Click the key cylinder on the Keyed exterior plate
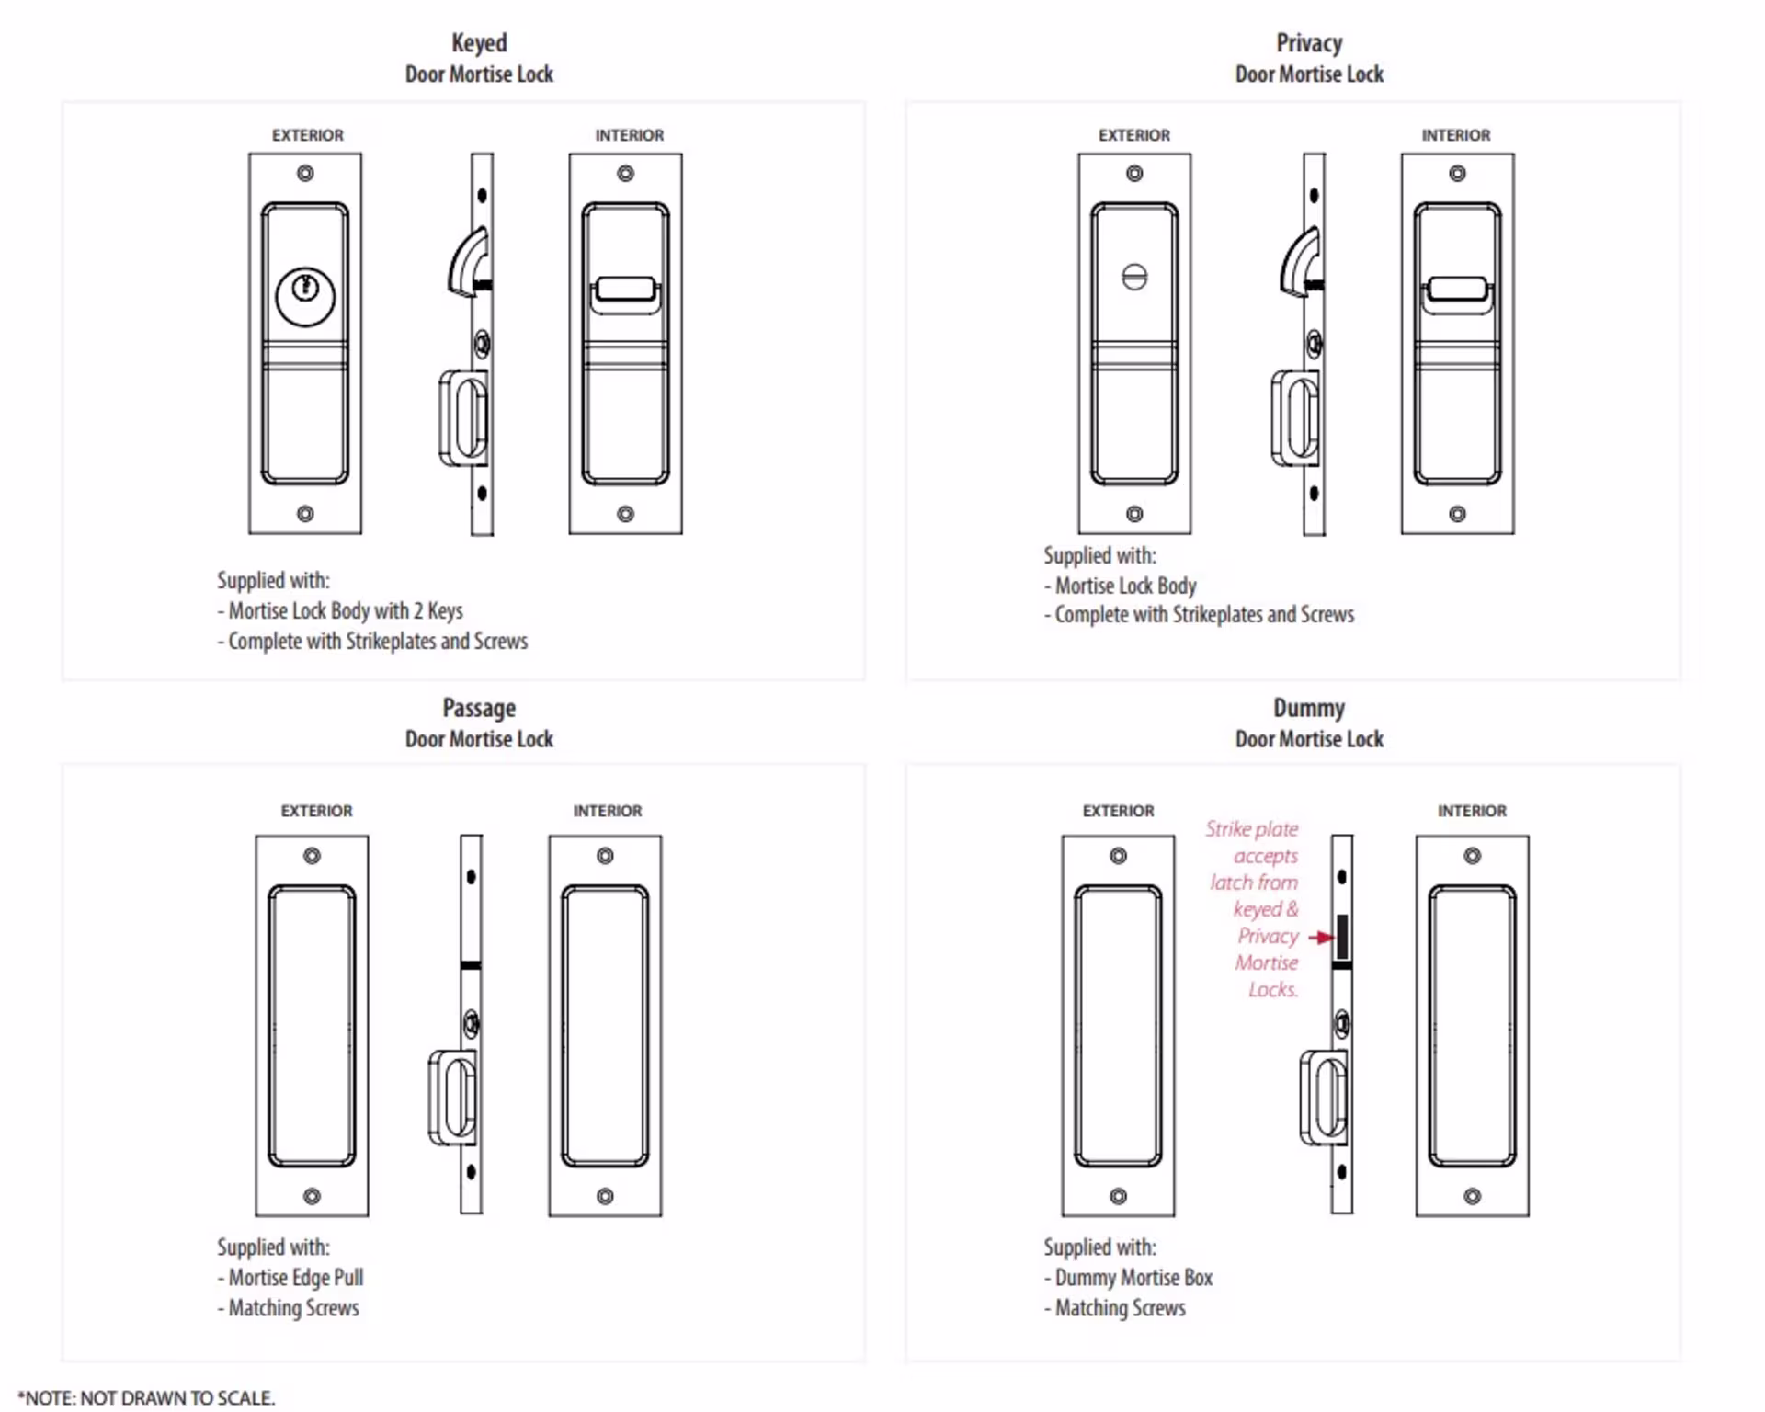tap(305, 295)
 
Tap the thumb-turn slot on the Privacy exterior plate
tap(1134, 277)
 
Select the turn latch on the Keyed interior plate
tap(625, 290)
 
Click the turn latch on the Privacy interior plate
tap(1457, 290)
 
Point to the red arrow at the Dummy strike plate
tap(1321, 938)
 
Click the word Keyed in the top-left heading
tap(479, 43)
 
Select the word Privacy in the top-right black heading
tap(1309, 43)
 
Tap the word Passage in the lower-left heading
tap(479, 708)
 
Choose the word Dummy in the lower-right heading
tap(1309, 708)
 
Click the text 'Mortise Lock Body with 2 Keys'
tap(346, 610)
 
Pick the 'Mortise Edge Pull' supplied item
tap(295, 1277)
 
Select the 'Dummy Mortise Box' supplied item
tap(1133, 1277)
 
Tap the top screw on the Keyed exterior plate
tap(305, 173)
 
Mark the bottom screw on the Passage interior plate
tap(605, 1196)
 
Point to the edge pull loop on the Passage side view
tap(453, 1098)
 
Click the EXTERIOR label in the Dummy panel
tap(1118, 811)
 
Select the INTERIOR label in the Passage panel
tap(608, 811)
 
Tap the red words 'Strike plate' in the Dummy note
tap(1252, 829)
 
